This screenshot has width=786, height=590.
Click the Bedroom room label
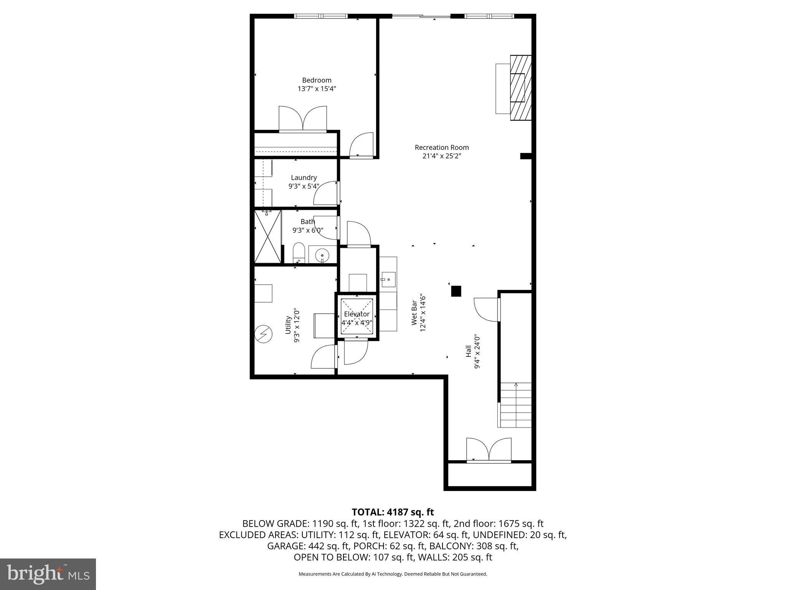point(317,80)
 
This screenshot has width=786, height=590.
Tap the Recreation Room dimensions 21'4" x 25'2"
point(441,156)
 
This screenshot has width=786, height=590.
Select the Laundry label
point(304,177)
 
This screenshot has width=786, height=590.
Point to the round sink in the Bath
point(322,255)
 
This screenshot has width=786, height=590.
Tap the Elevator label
point(357,314)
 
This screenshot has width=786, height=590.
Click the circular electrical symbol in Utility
point(264,334)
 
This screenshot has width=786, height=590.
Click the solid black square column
point(456,291)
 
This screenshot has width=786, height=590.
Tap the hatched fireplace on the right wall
point(521,88)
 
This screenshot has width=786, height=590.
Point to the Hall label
point(469,351)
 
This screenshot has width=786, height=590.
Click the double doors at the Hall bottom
point(489,450)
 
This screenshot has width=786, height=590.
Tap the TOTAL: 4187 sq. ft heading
point(393,512)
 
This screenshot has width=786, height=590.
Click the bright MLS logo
point(48,574)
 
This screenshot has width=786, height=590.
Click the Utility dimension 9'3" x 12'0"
point(296,325)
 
